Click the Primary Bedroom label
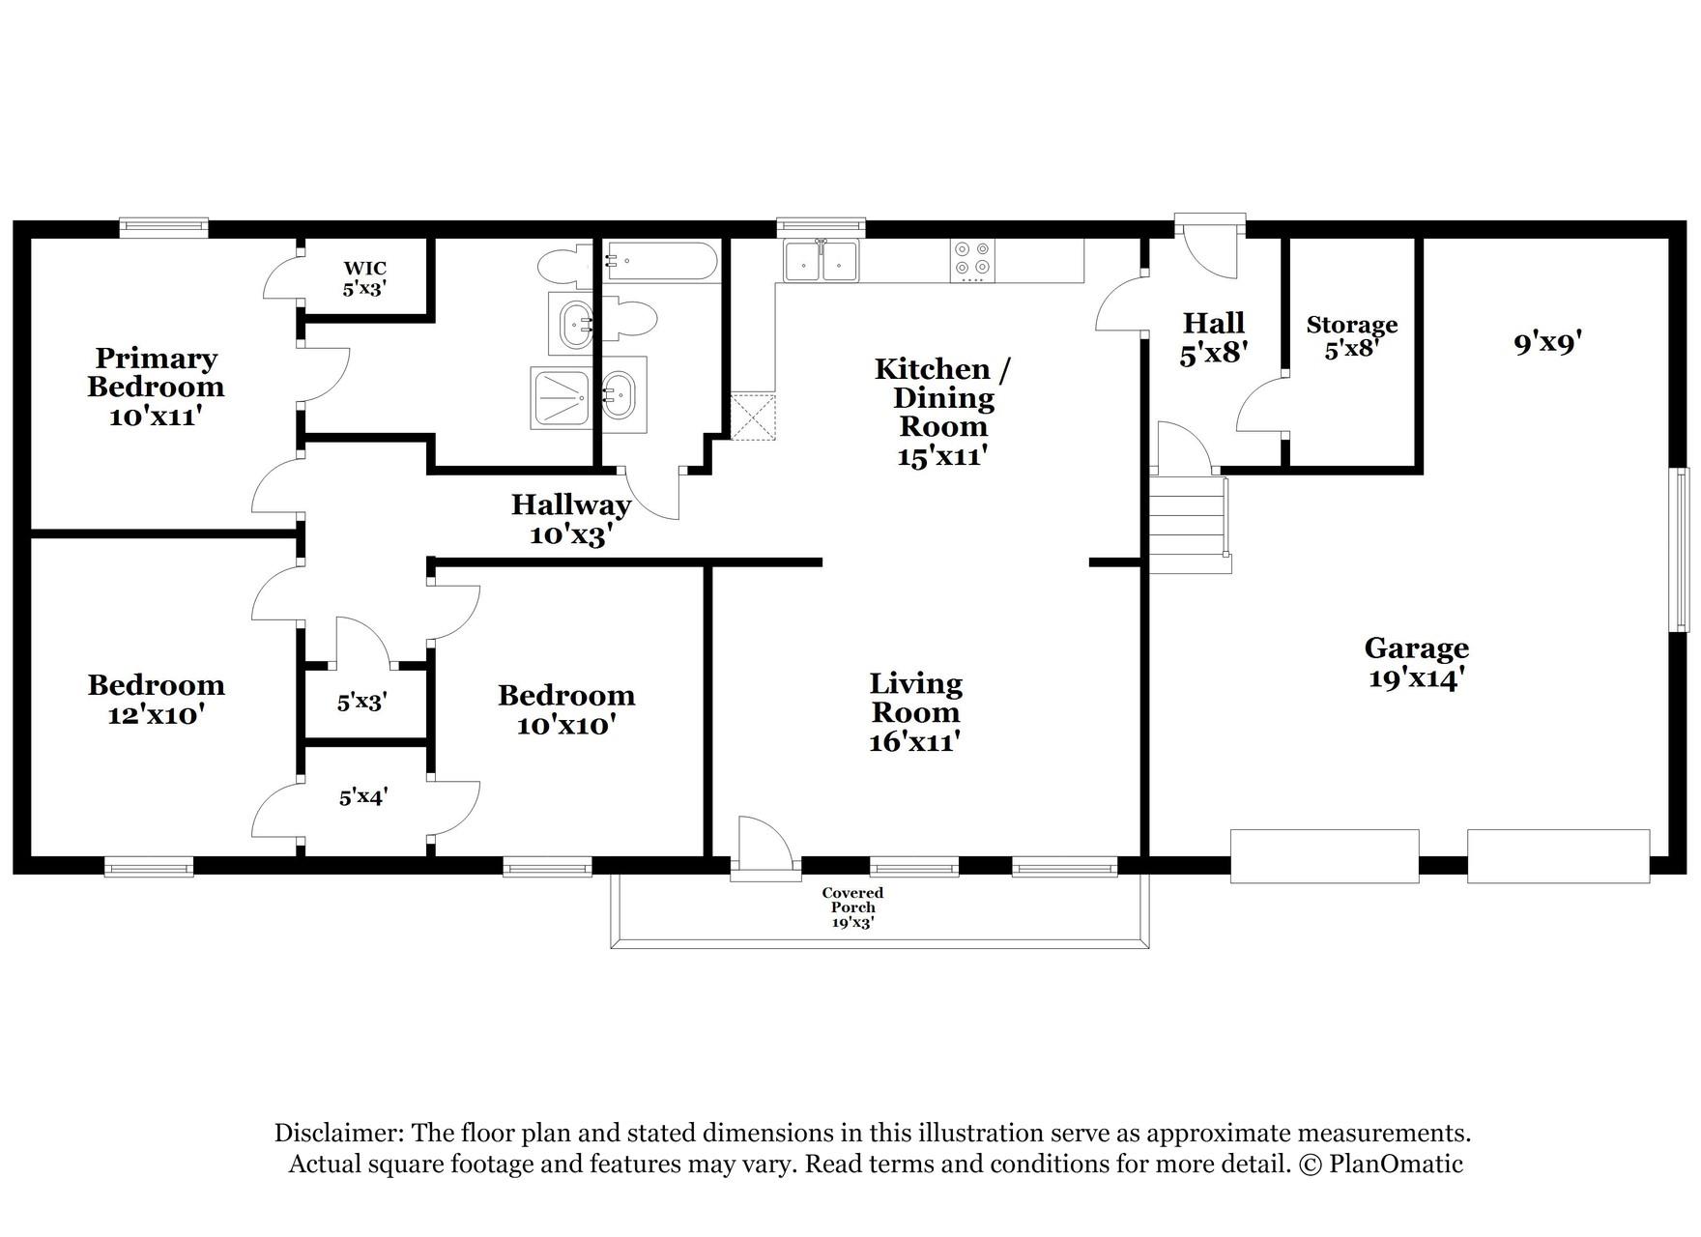point(156,387)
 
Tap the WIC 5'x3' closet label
point(364,278)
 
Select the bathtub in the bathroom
point(661,261)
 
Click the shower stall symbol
point(560,398)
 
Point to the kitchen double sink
point(822,260)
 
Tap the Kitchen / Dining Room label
point(942,412)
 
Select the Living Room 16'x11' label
point(915,712)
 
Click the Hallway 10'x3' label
point(570,519)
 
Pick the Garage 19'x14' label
point(1416,662)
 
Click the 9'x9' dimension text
point(1546,342)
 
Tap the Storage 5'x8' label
point(1351,336)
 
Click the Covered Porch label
point(852,906)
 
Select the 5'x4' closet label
point(363,797)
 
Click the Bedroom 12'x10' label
point(156,700)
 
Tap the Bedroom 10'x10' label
point(566,709)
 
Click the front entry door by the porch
point(764,849)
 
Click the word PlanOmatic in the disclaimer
point(1396,1164)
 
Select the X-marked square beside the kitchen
point(753,416)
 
